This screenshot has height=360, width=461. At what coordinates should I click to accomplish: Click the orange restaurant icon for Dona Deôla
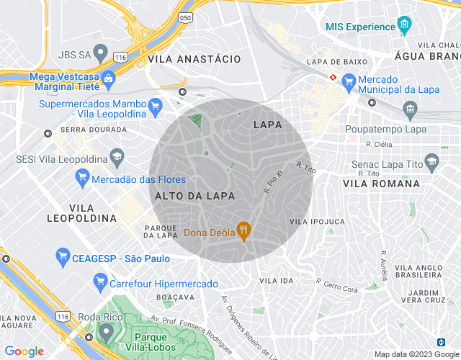(x=243, y=232)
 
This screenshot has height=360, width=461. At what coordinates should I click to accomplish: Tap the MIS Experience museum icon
(x=405, y=26)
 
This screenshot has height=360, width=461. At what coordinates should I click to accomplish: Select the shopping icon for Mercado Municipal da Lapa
(x=349, y=82)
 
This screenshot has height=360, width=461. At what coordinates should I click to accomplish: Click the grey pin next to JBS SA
(x=101, y=53)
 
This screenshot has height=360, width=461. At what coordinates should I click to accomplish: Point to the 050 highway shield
(x=187, y=17)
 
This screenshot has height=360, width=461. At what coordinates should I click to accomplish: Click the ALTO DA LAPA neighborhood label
(x=184, y=195)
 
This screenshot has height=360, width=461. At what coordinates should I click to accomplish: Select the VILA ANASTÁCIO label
(x=194, y=60)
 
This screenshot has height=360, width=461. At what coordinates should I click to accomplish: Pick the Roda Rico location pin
(x=107, y=332)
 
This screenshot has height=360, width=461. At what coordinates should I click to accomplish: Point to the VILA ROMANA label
(x=381, y=184)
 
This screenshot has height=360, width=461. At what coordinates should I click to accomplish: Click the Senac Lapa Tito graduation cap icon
(x=431, y=160)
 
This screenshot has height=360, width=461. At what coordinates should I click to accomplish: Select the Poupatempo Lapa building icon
(x=411, y=110)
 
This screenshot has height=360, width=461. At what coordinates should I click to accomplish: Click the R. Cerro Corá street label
(x=339, y=284)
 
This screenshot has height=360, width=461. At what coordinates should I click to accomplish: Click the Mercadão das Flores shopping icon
(x=82, y=177)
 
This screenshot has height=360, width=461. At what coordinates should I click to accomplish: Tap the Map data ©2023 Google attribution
(x=416, y=354)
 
